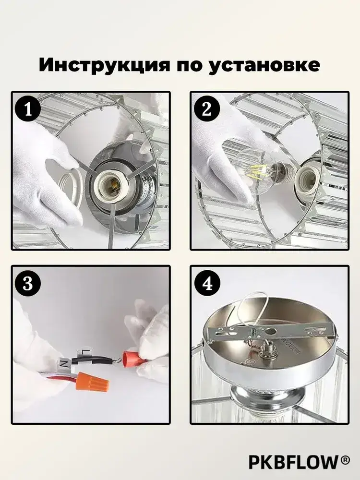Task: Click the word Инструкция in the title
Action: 104,65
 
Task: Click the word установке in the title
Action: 264,65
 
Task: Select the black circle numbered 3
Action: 28,283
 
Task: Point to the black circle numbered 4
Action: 207,283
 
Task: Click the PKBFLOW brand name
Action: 293,462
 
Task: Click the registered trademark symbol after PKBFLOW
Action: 345,459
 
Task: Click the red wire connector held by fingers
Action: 133,360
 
